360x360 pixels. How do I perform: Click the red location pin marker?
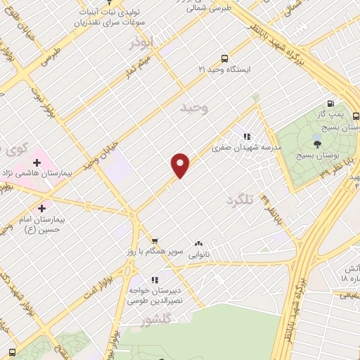pos(181,165)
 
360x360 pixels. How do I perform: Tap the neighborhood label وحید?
pos(196,108)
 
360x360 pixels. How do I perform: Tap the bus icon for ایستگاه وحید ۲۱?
pos(224,59)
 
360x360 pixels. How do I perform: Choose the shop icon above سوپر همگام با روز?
pos(154,240)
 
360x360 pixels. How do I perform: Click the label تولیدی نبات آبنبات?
pos(107,12)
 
